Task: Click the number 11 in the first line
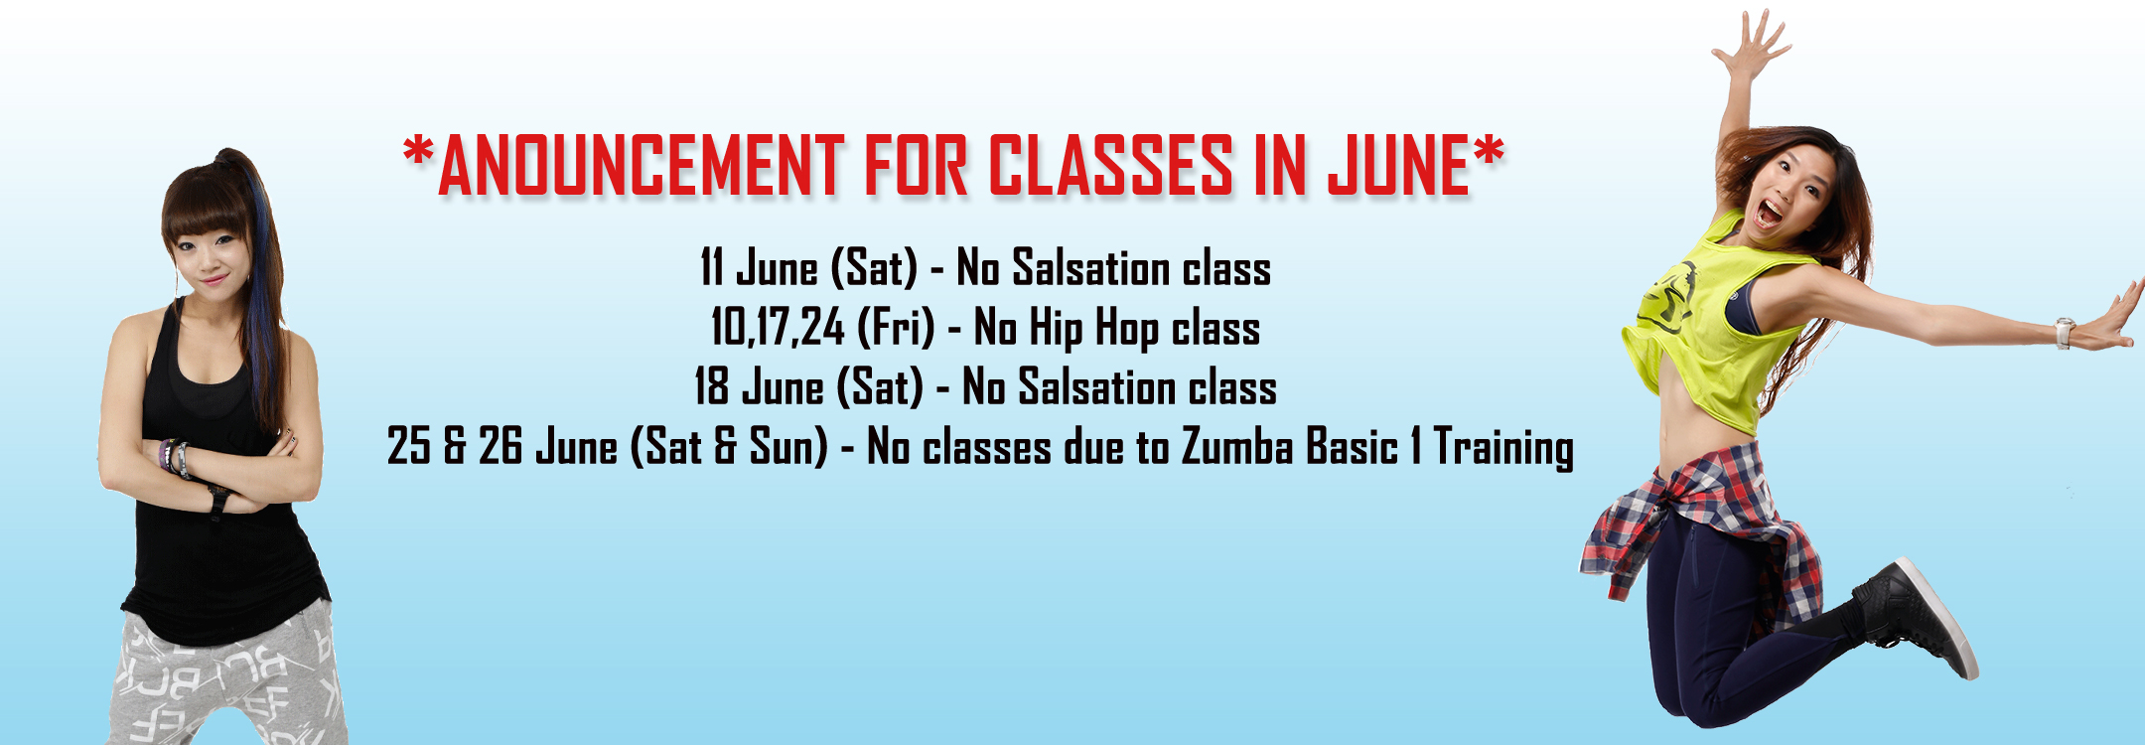tap(711, 268)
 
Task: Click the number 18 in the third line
tap(711, 387)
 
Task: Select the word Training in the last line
tap(1503, 449)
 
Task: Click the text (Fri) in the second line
tap(896, 328)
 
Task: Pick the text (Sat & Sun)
tap(729, 447)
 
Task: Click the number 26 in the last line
tap(500, 447)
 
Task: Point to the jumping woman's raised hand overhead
tap(1752, 45)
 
